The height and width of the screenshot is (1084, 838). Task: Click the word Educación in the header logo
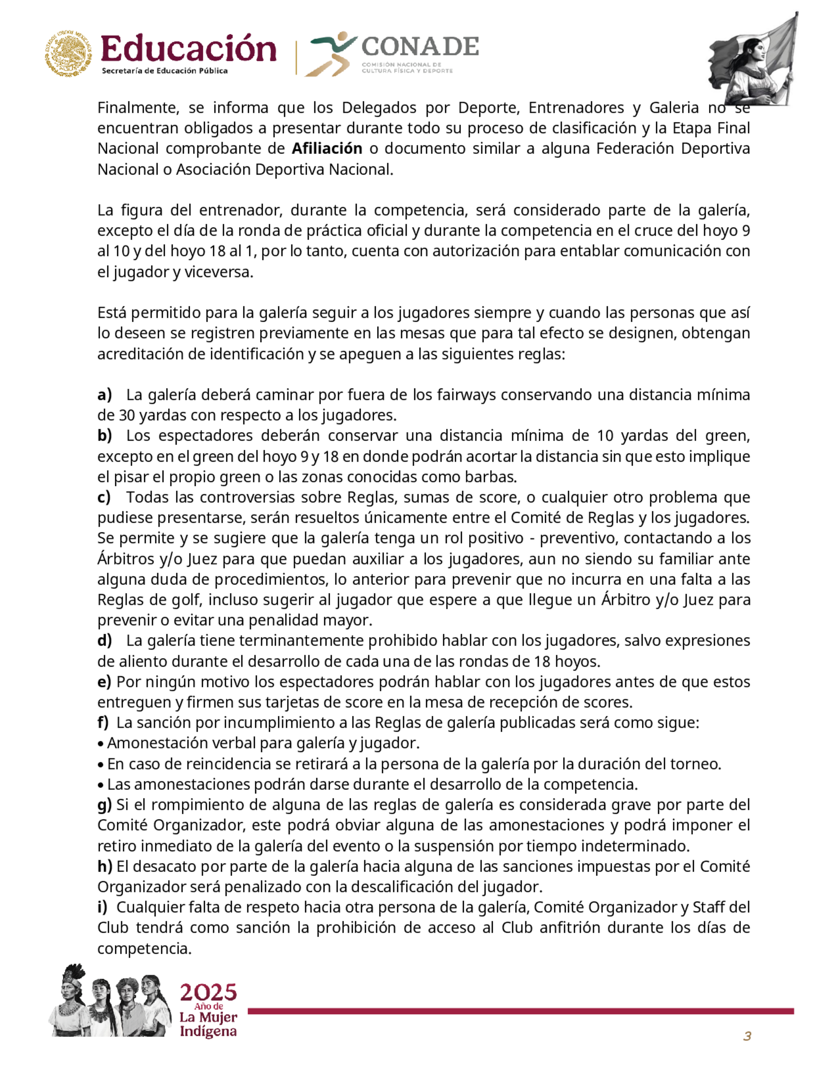point(188,49)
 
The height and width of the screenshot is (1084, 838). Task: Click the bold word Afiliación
point(327,148)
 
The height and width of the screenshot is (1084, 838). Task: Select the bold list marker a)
point(104,395)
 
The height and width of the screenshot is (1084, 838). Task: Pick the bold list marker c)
point(104,497)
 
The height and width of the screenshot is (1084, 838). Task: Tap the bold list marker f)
point(103,722)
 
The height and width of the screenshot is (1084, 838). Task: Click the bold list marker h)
point(104,866)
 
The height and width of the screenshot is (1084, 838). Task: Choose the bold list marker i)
point(102,907)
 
